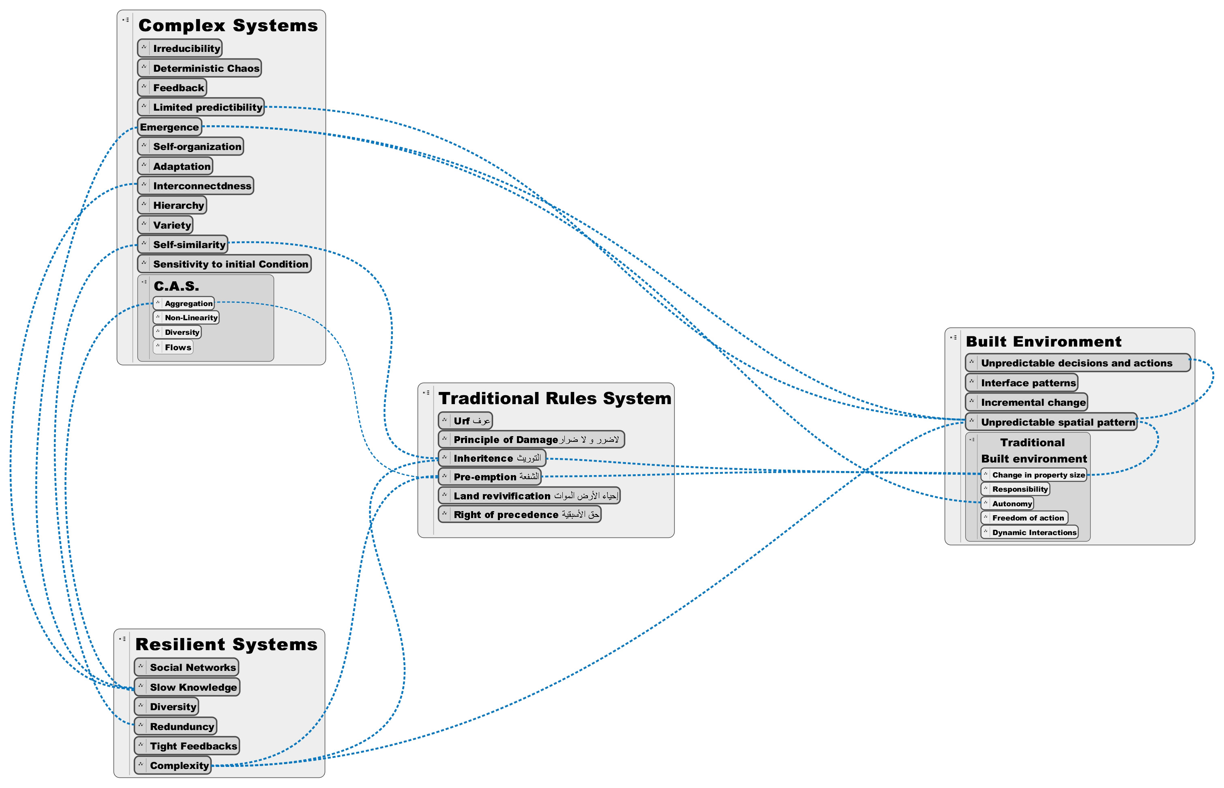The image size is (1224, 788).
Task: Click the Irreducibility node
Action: pos(180,48)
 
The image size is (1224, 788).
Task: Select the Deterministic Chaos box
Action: pos(199,68)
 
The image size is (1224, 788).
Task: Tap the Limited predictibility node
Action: pos(201,107)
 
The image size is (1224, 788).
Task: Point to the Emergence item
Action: pos(169,127)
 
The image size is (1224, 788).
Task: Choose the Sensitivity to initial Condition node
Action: pos(224,264)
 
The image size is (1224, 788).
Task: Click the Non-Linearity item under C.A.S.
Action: pos(186,318)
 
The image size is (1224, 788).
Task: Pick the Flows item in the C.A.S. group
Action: pos(173,347)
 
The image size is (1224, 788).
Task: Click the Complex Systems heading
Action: pos(228,26)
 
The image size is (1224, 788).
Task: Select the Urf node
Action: pos(465,421)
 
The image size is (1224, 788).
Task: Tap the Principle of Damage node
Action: pos(531,439)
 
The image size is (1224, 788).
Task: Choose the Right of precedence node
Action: pos(519,514)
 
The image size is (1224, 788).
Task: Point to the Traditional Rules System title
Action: pos(555,398)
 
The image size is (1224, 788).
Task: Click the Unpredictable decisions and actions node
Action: pos(1078,363)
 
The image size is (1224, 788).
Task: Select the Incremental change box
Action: pos(1026,402)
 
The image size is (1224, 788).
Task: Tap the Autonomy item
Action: pos(1007,503)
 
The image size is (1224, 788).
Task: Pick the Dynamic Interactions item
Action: pos(1029,532)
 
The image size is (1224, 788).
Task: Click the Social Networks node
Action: pos(186,667)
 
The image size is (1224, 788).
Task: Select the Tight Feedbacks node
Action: pos(187,746)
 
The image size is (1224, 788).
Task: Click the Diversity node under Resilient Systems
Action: pos(166,707)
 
